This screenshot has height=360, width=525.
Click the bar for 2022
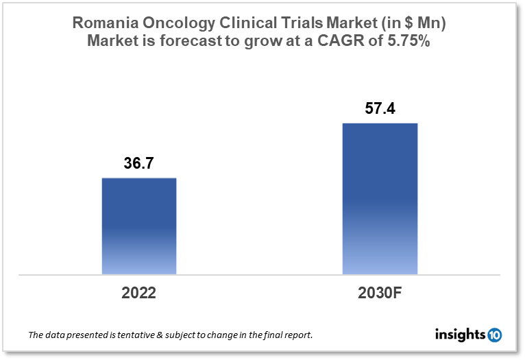139,226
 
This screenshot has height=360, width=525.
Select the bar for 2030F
380,199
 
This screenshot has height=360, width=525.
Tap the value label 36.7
139,165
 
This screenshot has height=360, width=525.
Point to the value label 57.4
380,108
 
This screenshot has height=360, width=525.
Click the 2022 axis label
139,293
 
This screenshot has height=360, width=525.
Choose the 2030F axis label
380,293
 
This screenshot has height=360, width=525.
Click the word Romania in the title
102,23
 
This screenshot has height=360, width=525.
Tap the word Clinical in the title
243,23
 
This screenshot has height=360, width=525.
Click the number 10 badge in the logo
494,335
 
